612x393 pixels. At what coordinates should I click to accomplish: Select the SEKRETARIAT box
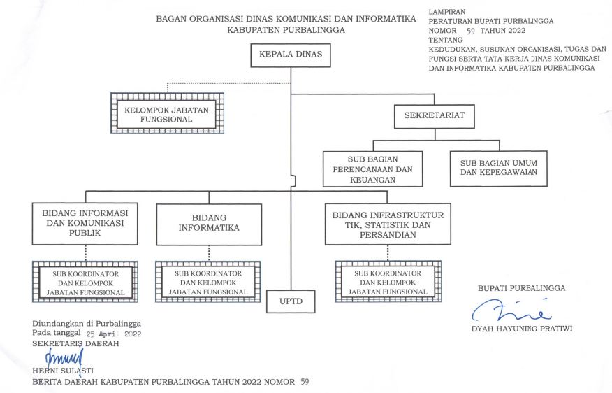pyautogui.click(x=434, y=115)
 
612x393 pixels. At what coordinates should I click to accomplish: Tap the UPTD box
pyautogui.click(x=291, y=301)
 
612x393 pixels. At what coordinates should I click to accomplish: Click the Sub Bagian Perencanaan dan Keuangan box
pyautogui.click(x=372, y=169)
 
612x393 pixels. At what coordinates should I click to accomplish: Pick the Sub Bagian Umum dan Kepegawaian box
pyautogui.click(x=498, y=168)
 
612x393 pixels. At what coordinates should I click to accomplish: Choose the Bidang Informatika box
pyautogui.click(x=209, y=224)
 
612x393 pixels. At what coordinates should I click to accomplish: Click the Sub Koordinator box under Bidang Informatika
pyautogui.click(x=208, y=282)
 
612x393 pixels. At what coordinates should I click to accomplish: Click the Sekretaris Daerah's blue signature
pyautogui.click(x=64, y=358)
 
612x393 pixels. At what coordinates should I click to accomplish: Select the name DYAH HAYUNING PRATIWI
pyautogui.click(x=521, y=329)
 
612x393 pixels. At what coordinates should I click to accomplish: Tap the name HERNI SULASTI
pyautogui.click(x=63, y=370)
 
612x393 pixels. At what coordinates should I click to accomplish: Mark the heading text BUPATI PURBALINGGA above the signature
pyautogui.click(x=521, y=287)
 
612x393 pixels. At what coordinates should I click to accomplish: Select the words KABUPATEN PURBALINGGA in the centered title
pyautogui.click(x=285, y=31)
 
